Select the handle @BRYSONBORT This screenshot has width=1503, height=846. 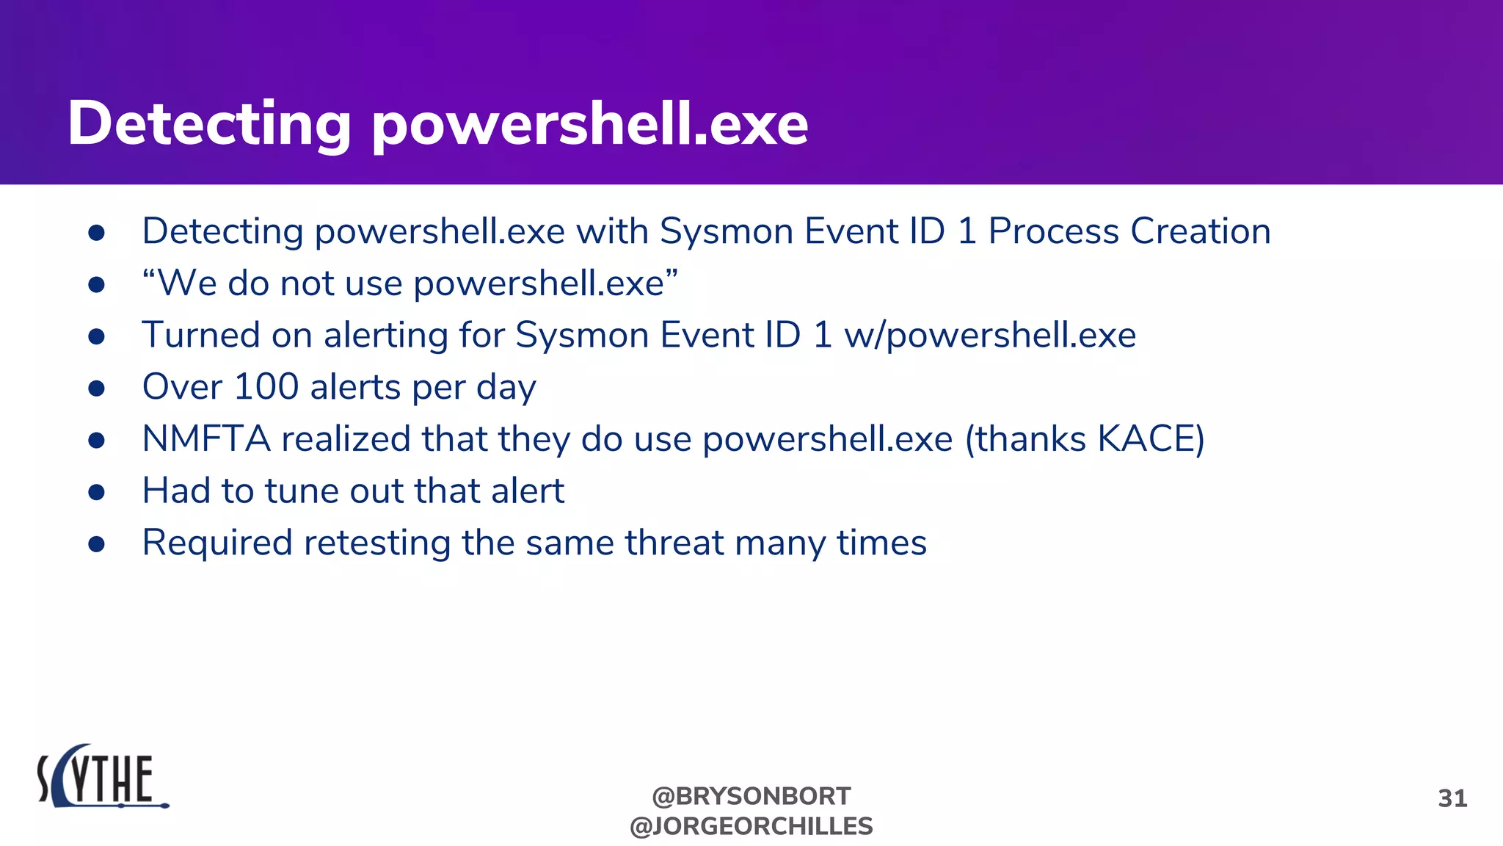tap(751, 796)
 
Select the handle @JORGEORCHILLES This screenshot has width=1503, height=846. tap(751, 826)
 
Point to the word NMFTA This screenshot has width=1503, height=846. tap(206, 439)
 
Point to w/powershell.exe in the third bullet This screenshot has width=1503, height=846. tap(990, 336)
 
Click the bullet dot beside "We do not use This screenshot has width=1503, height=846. tap(96, 285)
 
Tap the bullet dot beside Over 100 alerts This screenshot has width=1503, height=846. tap(96, 388)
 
